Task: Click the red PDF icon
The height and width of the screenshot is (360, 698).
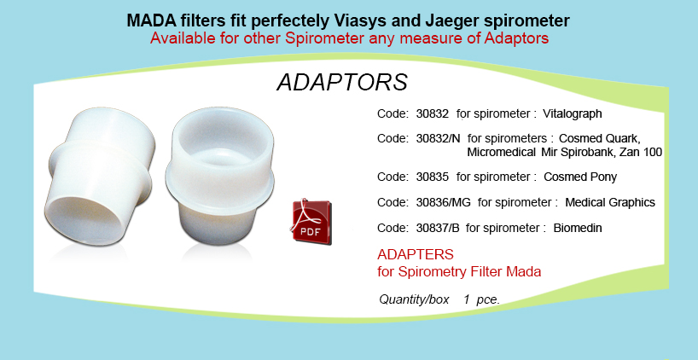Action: pyautogui.click(x=311, y=222)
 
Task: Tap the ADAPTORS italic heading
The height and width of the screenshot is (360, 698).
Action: pyautogui.click(x=342, y=83)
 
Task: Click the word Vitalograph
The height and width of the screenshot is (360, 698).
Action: pyautogui.click(x=572, y=114)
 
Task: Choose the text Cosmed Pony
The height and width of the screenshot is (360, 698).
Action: pyautogui.click(x=580, y=177)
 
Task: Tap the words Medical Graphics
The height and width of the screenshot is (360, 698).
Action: pyautogui.click(x=610, y=203)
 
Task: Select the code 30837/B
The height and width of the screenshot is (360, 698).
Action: pyautogui.click(x=438, y=229)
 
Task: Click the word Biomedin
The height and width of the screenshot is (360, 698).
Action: pyautogui.click(x=578, y=229)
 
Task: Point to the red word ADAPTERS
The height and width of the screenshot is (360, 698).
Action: pyautogui.click(x=416, y=254)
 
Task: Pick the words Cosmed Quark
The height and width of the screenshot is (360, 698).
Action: pyautogui.click(x=600, y=138)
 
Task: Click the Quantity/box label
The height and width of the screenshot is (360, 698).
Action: pyautogui.click(x=414, y=299)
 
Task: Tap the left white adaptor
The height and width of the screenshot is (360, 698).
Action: pyautogui.click(x=100, y=177)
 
